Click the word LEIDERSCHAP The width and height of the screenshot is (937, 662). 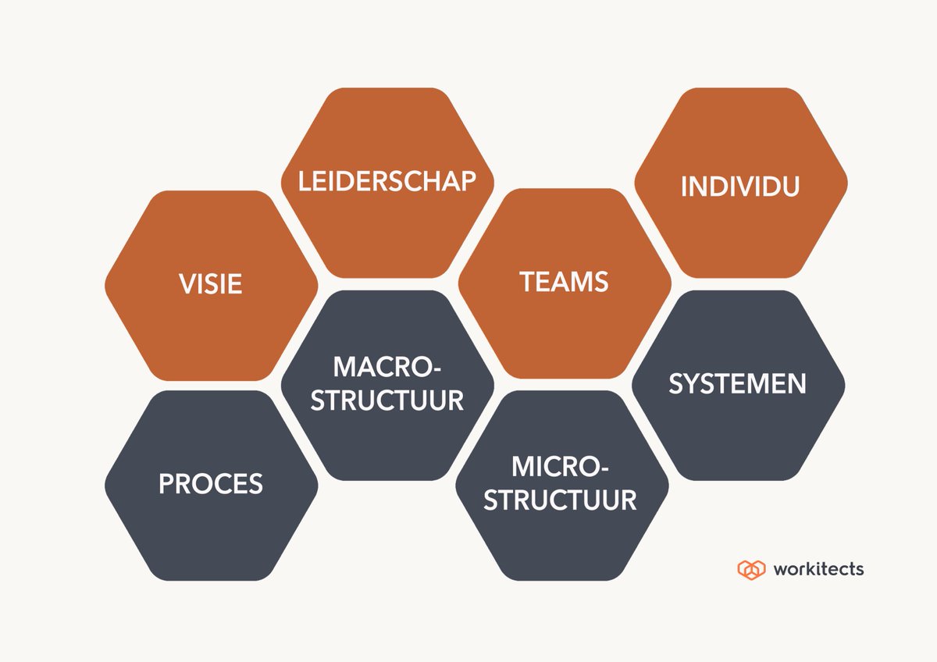387,181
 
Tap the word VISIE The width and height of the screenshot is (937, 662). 210,283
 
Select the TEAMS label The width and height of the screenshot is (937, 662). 564,281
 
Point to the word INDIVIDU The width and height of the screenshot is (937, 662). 740,186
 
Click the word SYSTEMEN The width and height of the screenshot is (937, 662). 737,383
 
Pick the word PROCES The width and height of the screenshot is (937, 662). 210,483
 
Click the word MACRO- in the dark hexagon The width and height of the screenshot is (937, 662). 387,367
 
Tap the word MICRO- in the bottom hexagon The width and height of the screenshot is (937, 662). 560,466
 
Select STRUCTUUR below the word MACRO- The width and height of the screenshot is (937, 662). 387,400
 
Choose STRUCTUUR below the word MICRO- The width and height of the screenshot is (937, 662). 560,500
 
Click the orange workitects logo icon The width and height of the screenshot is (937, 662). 751,570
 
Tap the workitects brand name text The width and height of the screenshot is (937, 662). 818,569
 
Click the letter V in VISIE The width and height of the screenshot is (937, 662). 187,283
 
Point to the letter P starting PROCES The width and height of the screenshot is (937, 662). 166,483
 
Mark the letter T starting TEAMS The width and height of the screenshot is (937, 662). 528,281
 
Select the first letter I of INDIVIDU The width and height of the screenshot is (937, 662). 683,186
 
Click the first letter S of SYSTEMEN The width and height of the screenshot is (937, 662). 676,383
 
